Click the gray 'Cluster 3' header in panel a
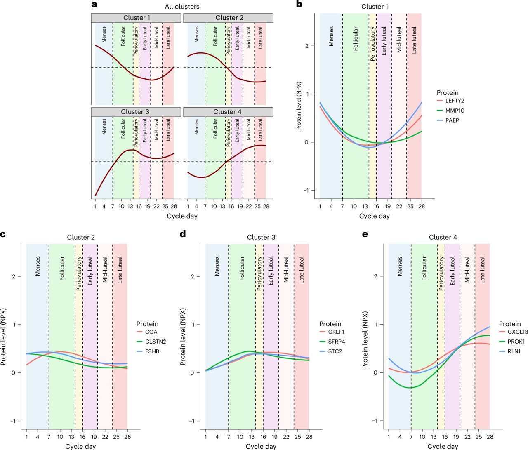[135, 112]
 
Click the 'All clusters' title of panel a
[182, 7]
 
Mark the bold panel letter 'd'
[183, 234]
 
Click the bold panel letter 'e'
[365, 234]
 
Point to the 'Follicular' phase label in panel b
[356, 39]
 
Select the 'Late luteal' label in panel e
[482, 270]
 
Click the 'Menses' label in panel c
[38, 266]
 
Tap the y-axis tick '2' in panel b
[306, 46]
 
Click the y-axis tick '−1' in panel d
[192, 421]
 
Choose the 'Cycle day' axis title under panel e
[443, 446]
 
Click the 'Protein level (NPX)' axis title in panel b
[299, 106]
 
